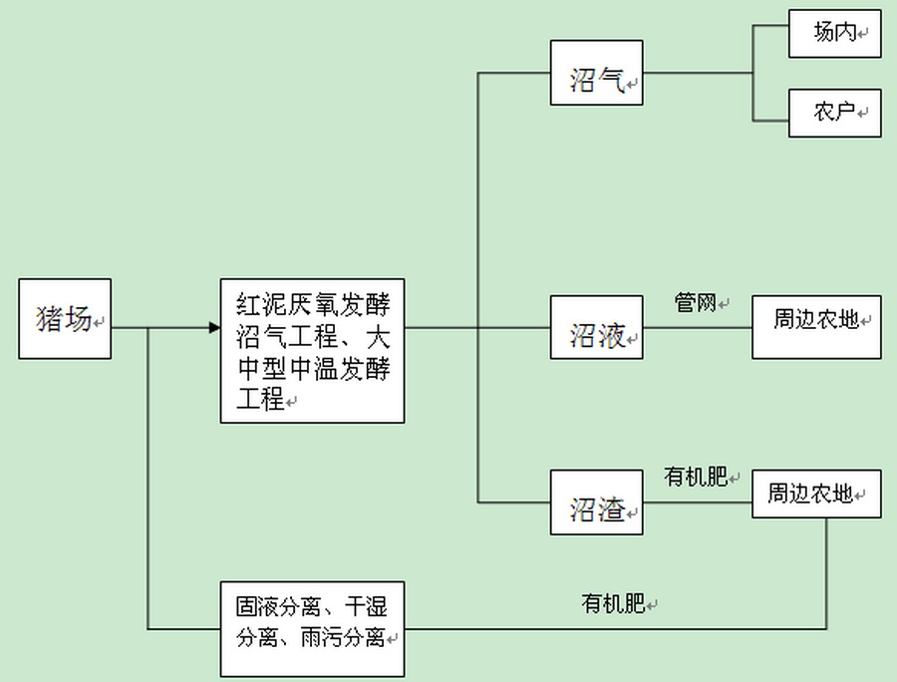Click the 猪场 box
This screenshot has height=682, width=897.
click(65, 318)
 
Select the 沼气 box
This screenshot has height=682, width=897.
click(596, 73)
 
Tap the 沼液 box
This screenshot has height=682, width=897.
click(596, 327)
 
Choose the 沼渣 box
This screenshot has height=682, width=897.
click(596, 502)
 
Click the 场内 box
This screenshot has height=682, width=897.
click(834, 33)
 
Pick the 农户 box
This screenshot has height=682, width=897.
click(834, 113)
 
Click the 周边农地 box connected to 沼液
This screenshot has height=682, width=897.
click(816, 327)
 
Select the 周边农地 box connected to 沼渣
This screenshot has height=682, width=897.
click(816, 494)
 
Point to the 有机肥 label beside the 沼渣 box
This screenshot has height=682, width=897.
click(696, 478)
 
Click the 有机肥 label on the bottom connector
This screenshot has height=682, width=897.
click(613, 603)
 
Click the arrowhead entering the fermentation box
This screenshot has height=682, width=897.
click(214, 327)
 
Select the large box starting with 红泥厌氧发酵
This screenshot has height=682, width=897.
click(312, 351)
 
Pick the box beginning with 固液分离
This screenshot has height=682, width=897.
click(312, 620)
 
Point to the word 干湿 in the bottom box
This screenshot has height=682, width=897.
click(367, 605)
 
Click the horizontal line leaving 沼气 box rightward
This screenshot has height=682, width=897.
click(698, 73)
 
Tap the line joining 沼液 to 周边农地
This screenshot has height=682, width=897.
click(697, 327)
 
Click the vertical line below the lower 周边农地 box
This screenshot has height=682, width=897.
click(827, 573)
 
